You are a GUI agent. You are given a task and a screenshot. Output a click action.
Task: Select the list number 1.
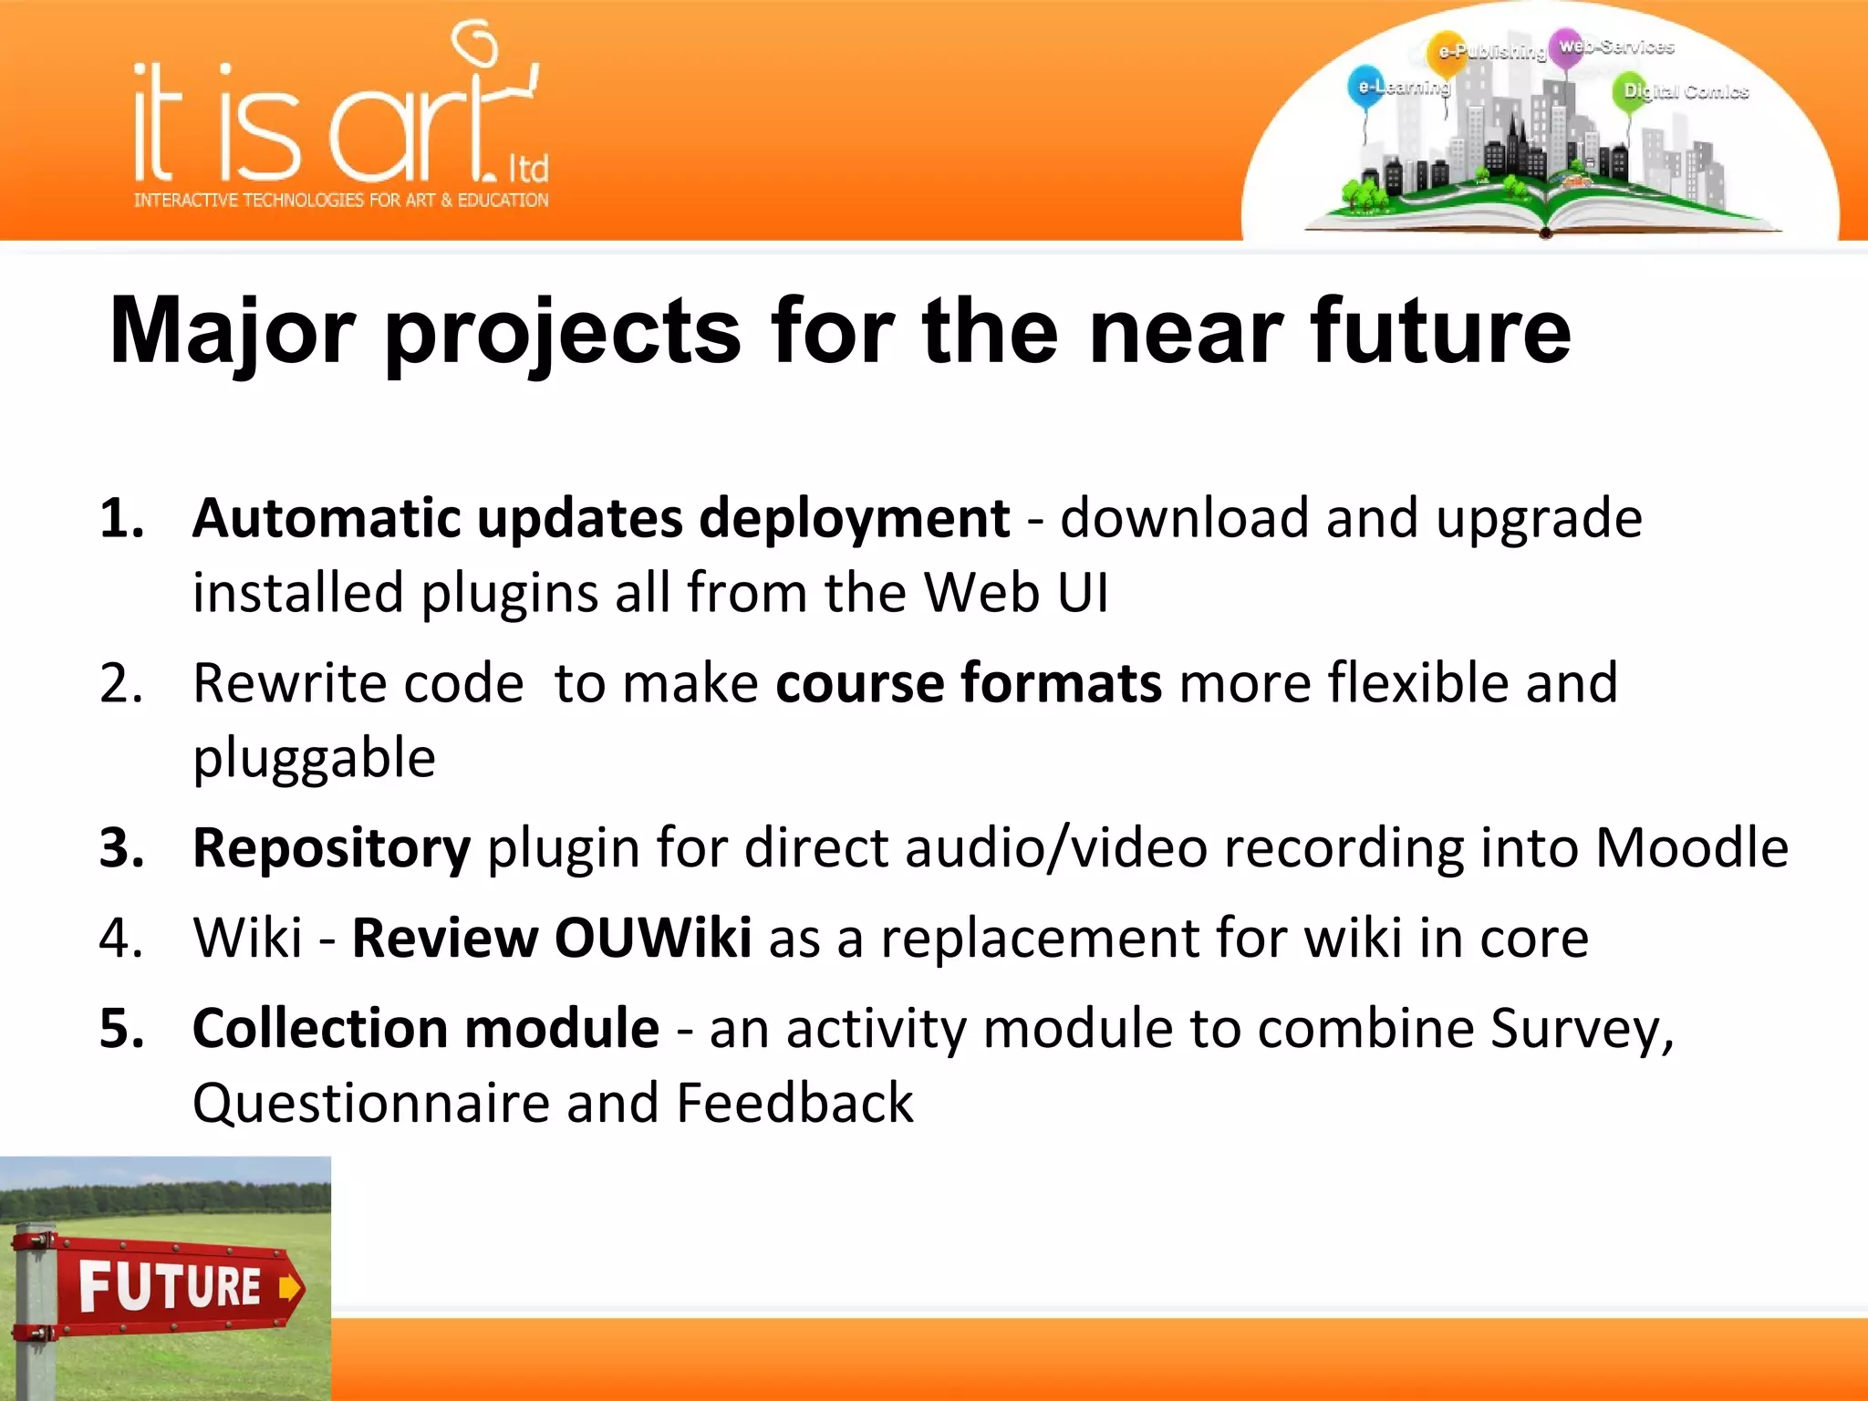click(121, 519)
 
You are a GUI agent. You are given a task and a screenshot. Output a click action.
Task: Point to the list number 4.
click(121, 939)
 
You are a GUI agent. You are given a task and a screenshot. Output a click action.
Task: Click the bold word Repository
click(331, 848)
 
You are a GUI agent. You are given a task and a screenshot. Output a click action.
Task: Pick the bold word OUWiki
click(653, 939)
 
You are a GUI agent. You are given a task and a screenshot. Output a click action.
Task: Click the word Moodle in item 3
click(1691, 848)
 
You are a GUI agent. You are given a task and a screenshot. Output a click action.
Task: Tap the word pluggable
click(314, 758)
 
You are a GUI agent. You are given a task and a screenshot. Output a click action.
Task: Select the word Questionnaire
click(370, 1104)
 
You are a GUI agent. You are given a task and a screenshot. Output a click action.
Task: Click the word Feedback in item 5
click(794, 1104)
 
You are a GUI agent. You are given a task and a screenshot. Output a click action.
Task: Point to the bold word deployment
click(854, 519)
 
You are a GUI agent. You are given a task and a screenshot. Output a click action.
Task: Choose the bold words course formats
click(968, 683)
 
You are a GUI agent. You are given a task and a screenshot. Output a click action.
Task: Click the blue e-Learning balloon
click(1365, 85)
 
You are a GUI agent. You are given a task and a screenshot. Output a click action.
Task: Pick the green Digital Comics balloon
click(1631, 91)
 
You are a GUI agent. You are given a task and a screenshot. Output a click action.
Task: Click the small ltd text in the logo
click(528, 169)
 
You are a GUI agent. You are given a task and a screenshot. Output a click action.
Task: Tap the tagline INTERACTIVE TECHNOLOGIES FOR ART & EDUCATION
click(341, 200)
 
